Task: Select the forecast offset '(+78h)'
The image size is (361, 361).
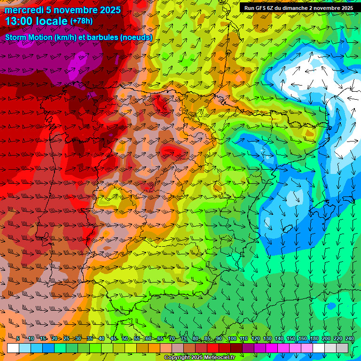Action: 81,21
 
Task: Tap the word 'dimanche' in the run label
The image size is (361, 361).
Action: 300,8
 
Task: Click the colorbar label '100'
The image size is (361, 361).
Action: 232,339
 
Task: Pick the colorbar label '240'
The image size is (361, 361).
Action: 349,339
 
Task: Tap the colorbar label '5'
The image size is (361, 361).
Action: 18,339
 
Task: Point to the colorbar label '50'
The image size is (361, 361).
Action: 125,339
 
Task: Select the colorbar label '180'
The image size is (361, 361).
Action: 314,339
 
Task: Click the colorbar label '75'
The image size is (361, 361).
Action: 184,339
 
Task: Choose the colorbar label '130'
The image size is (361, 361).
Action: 267,339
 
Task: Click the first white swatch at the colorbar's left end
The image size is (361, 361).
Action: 13,348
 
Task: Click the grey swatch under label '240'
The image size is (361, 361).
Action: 342,348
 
